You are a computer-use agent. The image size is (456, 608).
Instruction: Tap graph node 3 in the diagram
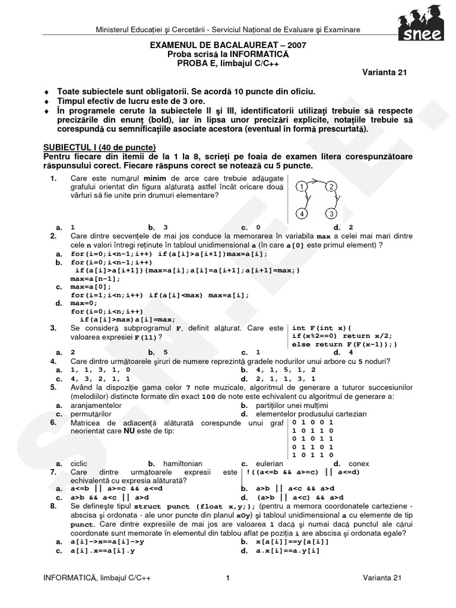(x=332, y=214)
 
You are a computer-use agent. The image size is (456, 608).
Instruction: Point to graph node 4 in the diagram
(x=303, y=214)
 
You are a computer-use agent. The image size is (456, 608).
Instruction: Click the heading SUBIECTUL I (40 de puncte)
(x=100, y=147)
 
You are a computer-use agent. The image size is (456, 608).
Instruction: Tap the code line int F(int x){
(x=322, y=328)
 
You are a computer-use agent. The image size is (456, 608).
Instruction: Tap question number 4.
(x=53, y=361)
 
